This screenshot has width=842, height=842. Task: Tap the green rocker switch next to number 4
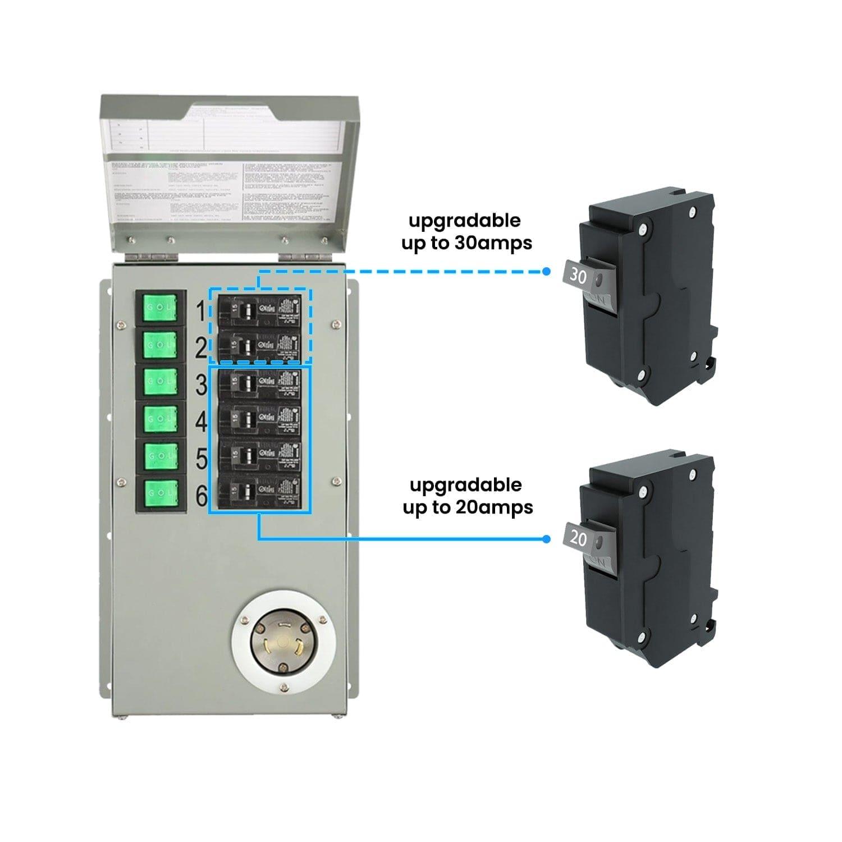[x=161, y=419]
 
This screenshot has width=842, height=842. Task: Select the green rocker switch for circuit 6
[x=161, y=494]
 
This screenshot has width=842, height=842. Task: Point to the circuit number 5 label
[x=202, y=459]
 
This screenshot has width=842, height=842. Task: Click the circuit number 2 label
[x=202, y=348]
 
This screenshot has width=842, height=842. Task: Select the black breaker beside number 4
[x=260, y=419]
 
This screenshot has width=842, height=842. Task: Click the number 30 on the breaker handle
[x=578, y=275]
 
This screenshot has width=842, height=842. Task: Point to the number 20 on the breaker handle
[x=578, y=538]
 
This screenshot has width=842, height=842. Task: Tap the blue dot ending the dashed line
[x=546, y=272]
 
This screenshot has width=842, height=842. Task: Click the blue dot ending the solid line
[x=546, y=539]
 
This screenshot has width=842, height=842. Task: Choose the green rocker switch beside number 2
[x=161, y=345]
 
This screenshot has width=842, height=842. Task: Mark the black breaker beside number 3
[x=260, y=383]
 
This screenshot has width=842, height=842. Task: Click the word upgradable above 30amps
[x=465, y=221]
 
